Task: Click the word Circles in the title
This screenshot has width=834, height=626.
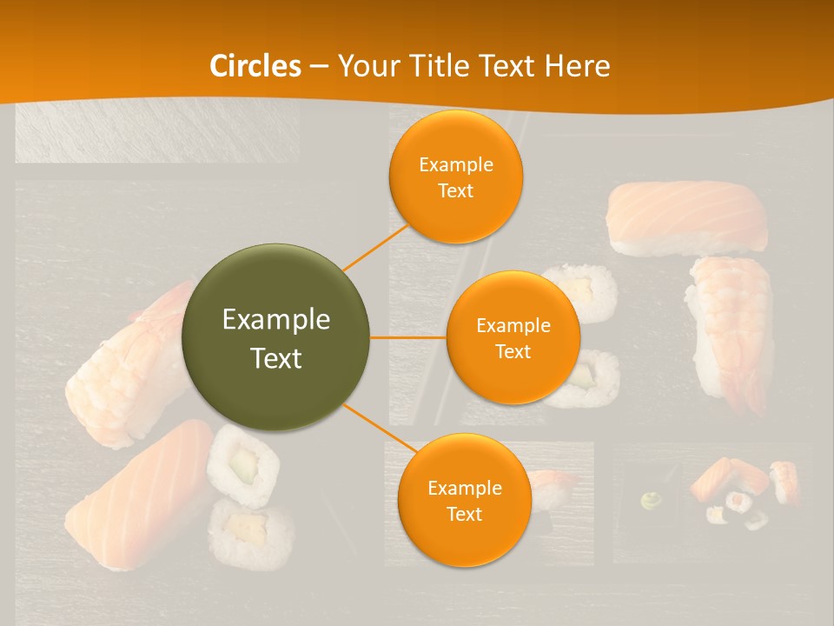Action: click(x=255, y=66)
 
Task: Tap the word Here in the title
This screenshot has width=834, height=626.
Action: click(x=577, y=66)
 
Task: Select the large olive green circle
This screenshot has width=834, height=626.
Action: click(x=276, y=337)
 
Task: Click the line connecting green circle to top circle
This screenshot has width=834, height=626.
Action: click(x=375, y=247)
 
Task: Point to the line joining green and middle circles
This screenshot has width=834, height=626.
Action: click(x=408, y=337)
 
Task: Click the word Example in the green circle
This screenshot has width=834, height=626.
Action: click(x=276, y=320)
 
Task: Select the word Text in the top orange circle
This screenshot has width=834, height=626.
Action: click(x=455, y=191)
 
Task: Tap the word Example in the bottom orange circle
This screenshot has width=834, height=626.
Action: click(x=464, y=489)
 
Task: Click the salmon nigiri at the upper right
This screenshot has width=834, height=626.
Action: click(x=686, y=216)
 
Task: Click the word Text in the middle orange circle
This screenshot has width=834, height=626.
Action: click(x=513, y=352)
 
